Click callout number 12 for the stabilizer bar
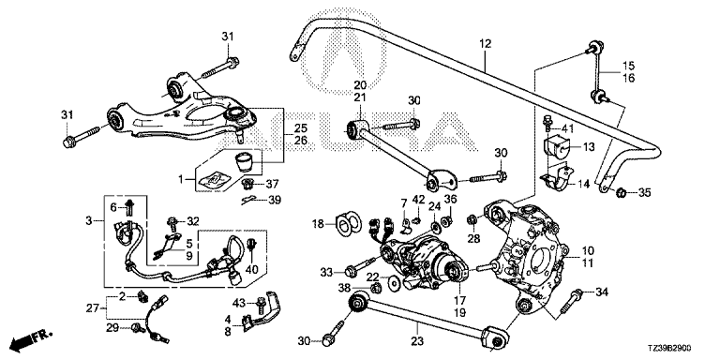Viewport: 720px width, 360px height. (486, 44)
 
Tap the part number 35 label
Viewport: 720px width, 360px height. (645, 193)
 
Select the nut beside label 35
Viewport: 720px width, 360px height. (621, 192)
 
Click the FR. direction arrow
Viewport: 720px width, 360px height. (31, 339)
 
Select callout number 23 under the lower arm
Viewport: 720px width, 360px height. (417, 341)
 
